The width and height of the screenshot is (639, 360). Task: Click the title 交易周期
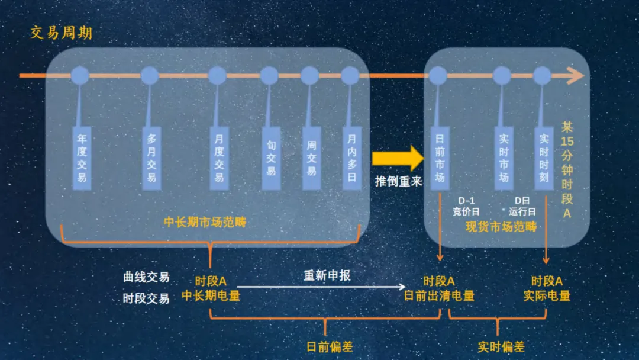coord(61,33)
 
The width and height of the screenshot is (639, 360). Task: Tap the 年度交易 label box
coord(82,157)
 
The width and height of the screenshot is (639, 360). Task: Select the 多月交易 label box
coord(151,157)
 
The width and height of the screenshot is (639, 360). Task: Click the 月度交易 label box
coord(219,157)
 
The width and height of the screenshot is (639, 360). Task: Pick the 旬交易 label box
coord(271,157)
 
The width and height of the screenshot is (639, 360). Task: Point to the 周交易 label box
coord(311,157)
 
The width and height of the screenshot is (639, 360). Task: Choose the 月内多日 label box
coord(351,157)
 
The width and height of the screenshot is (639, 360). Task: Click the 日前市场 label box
coord(439,157)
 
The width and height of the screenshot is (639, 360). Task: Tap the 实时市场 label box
coord(504,157)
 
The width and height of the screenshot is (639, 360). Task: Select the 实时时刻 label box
coord(544,157)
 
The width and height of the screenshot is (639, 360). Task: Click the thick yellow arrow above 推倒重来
coord(398,158)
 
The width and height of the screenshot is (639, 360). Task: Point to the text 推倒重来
coord(398,182)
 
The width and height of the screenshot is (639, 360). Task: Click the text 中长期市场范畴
coord(205,223)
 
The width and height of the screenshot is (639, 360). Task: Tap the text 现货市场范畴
coord(501,226)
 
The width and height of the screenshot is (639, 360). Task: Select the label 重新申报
coord(327,275)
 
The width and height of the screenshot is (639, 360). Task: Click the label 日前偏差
coord(330,347)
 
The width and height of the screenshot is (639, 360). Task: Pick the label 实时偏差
coord(501,347)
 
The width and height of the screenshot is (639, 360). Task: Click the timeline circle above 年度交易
coord(80,76)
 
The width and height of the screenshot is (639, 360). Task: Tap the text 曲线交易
coord(146,277)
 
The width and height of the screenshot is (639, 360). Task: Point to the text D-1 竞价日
coord(466,206)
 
